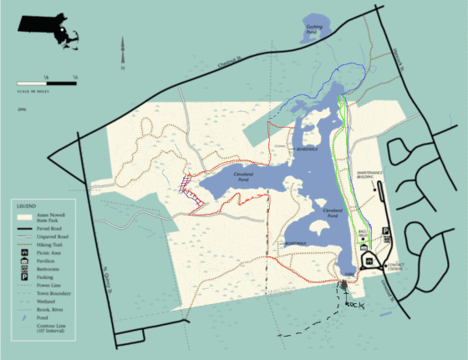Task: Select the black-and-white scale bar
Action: pos(48,83)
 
